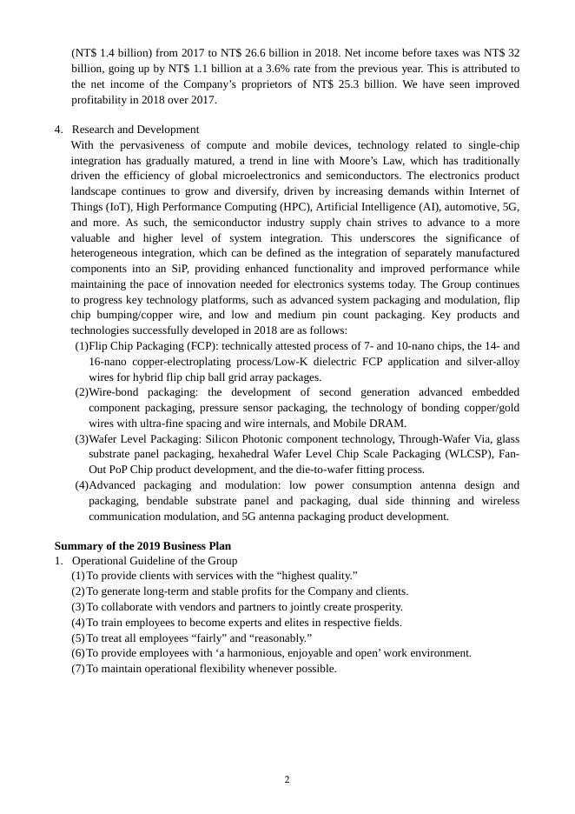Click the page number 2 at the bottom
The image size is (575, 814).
pos(287,779)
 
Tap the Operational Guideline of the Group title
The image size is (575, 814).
pos(154,561)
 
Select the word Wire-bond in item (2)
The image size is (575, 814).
pos(112,392)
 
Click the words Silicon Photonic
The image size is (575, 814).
pos(245,439)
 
